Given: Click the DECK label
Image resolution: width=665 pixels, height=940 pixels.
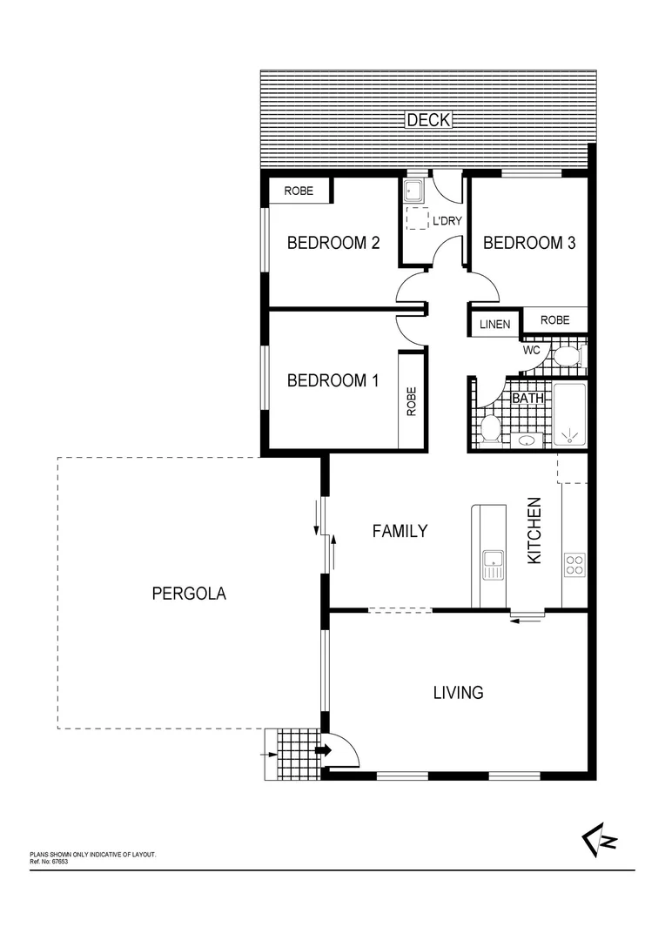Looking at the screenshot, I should click(428, 120).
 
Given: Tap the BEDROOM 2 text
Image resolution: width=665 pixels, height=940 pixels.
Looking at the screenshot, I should click(333, 243).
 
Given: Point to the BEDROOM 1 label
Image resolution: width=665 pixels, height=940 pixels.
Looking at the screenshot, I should click(333, 380).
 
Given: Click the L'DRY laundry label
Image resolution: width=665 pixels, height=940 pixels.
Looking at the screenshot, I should click(447, 221).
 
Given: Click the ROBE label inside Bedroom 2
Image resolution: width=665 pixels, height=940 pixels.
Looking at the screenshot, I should click(299, 191).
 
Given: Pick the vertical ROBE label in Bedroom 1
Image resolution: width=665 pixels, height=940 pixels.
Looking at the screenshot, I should click(412, 400).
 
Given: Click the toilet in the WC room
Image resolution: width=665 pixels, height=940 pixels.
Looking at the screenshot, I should click(567, 356).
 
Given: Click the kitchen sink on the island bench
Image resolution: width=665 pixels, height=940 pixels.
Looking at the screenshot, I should click(493, 564).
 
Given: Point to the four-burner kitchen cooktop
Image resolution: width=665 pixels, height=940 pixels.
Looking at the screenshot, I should click(574, 564).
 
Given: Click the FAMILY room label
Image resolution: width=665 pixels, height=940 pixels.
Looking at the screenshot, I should click(400, 531).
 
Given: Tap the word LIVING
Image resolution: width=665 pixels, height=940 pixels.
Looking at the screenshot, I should click(458, 693).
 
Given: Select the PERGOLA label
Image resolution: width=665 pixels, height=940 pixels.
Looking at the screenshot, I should click(189, 594).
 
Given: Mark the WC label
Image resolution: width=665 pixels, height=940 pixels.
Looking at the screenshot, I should click(533, 351).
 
